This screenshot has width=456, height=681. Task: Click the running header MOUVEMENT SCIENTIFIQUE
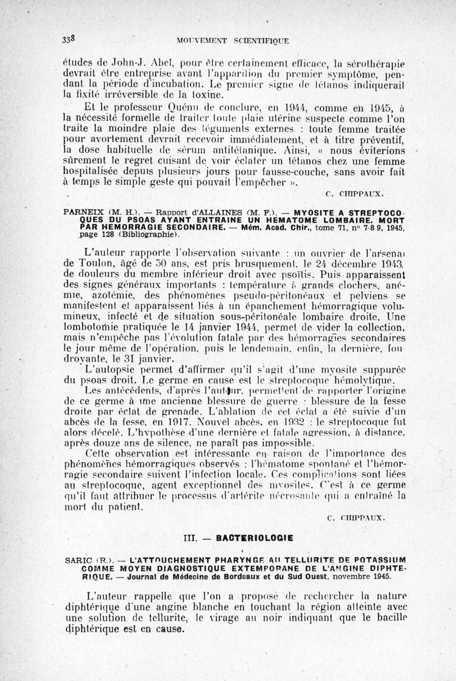[233, 41]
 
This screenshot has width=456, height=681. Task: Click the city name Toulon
[87, 264]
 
